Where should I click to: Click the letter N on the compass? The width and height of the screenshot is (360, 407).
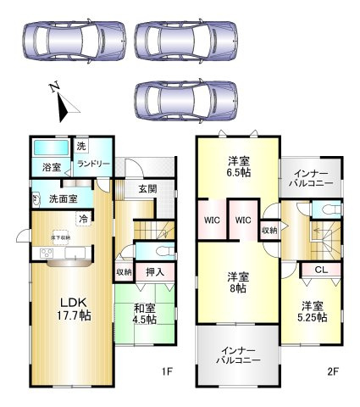click(53, 87)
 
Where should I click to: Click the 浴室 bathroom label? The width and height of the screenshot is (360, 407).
click(51, 166)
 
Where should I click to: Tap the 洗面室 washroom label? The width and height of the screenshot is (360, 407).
click(62, 200)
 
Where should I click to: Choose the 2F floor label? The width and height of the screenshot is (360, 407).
click(335, 371)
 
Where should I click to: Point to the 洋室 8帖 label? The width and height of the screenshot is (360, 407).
click(237, 283)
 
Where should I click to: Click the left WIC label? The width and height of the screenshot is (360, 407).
click(213, 220)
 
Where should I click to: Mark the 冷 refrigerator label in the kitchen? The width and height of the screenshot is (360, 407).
click(83, 219)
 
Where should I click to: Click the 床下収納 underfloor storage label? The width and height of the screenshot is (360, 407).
click(60, 238)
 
